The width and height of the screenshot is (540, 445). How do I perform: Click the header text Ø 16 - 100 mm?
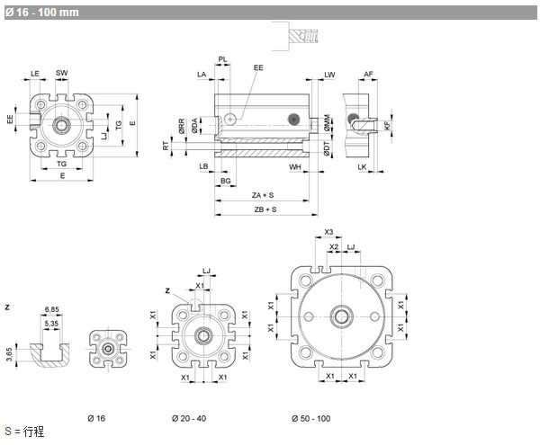click(41, 12)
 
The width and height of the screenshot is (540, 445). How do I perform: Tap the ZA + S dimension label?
click(263, 195)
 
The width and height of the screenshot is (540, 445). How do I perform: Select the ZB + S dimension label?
click(264, 209)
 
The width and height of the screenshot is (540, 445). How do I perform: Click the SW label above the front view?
click(61, 73)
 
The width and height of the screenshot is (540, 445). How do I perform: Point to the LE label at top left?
click(35, 73)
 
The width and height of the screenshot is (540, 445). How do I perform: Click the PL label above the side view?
click(222, 58)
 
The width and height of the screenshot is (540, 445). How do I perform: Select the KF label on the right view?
click(387, 126)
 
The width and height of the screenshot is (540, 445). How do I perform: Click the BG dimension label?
click(228, 181)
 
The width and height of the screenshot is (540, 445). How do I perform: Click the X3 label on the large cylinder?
click(328, 232)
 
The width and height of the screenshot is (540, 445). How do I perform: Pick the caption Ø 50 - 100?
click(310, 419)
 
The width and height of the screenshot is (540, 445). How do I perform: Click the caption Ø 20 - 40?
click(191, 419)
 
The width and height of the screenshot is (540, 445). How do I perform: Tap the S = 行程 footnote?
click(24, 432)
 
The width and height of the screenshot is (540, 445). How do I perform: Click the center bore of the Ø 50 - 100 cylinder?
click(343, 316)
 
